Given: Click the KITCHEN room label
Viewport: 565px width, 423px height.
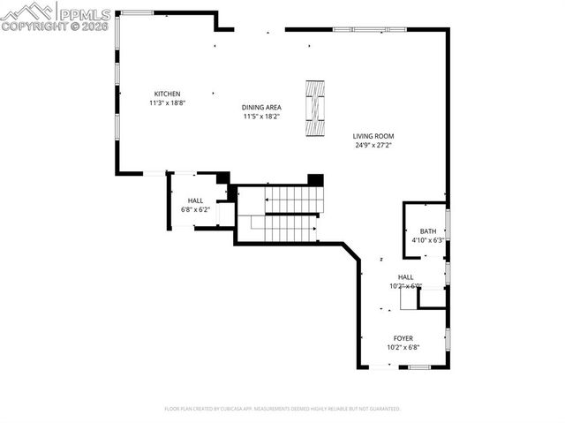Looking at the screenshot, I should (x=167, y=94).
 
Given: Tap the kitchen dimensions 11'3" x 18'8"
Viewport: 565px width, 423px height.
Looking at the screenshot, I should (x=167, y=102).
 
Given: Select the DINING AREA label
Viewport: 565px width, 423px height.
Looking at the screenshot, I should (x=261, y=108).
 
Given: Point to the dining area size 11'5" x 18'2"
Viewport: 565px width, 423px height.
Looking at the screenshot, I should (x=261, y=117).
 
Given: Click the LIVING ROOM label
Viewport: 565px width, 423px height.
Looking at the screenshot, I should (x=374, y=136).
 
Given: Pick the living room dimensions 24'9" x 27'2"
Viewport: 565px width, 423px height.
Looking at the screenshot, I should (x=374, y=145).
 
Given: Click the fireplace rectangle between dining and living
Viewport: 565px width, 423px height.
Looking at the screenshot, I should (x=315, y=109).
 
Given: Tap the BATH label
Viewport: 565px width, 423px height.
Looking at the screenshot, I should (x=427, y=231).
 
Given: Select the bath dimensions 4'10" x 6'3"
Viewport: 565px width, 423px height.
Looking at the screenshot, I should (x=427, y=240).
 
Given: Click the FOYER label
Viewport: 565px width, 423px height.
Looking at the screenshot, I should (x=403, y=338).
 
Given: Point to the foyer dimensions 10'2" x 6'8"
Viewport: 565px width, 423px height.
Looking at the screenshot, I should (x=403, y=347).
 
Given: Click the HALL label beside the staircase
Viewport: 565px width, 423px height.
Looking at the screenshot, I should (x=195, y=200).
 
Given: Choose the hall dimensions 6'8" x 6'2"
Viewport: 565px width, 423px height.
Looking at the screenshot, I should (x=195, y=209).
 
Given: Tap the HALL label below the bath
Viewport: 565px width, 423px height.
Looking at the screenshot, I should (x=405, y=276).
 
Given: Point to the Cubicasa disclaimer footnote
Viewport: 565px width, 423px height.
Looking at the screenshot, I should (x=282, y=409).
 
